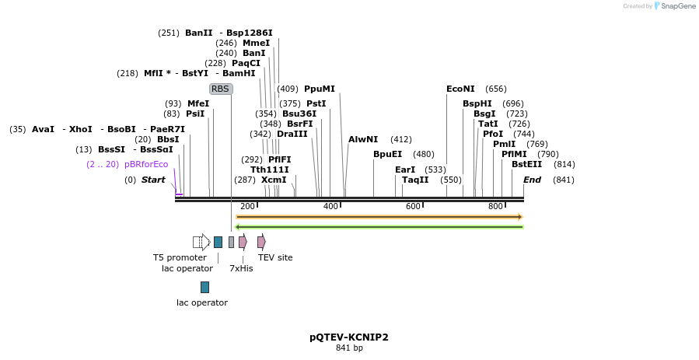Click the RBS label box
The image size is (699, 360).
221,89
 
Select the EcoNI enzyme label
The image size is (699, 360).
460,89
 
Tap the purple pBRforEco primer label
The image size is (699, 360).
146,164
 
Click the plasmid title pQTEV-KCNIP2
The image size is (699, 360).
349,337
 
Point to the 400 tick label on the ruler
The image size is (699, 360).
330,206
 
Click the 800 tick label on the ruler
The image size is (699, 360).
495,206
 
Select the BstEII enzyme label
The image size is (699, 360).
526,164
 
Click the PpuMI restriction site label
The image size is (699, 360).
320,89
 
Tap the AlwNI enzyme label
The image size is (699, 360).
363,139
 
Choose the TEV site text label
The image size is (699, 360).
275,257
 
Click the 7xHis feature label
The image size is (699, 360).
241,268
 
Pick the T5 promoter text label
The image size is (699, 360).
180,257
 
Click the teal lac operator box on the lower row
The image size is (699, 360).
204,287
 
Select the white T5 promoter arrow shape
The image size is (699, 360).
201,242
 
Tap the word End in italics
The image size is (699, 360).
532,180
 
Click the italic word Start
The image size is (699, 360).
153,180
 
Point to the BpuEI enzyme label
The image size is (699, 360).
387,154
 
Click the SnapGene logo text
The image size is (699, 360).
678,6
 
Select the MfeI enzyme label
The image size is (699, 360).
198,103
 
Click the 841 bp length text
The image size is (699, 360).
349,348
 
